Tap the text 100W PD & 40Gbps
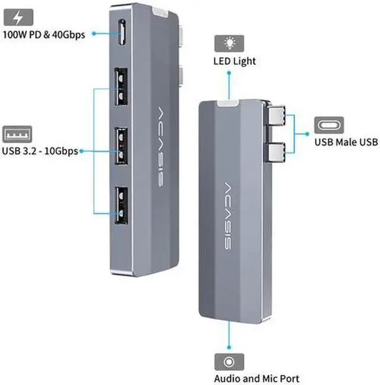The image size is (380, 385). click(43, 34)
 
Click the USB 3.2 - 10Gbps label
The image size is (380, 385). click(40, 151)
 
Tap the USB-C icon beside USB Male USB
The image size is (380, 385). click(328, 125)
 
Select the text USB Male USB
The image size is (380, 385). click(346, 143)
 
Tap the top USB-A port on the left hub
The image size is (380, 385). click(121, 88)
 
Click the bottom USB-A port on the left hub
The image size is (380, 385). click(121, 204)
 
